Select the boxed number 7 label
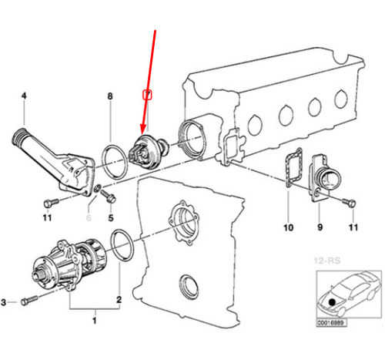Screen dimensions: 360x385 point(149,95)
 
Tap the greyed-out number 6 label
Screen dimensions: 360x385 point(89,219)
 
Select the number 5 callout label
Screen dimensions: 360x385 point(110,219)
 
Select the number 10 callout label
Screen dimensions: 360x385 point(290,228)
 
